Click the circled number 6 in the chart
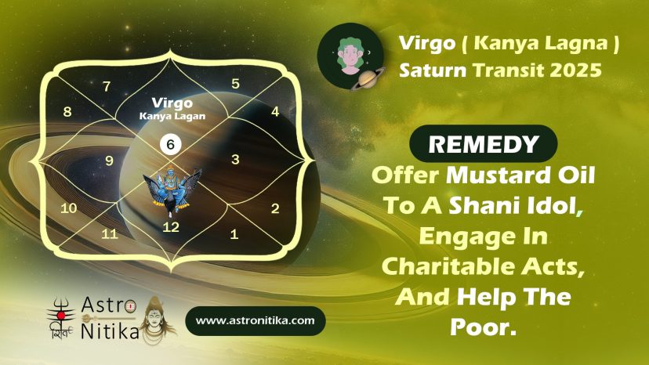(x=171, y=144)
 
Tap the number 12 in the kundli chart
(x=171, y=227)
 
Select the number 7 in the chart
(x=107, y=86)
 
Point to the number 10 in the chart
(x=69, y=208)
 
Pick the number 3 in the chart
(x=235, y=159)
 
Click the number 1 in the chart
(x=234, y=234)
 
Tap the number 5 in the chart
(x=235, y=84)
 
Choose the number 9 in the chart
(x=109, y=161)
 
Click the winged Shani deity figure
(x=172, y=190)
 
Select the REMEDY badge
(x=483, y=143)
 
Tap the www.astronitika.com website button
(x=255, y=320)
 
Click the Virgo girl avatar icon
(x=350, y=56)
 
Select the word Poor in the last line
(x=483, y=327)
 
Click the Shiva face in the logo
(x=155, y=319)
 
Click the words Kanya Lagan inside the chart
(x=172, y=116)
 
